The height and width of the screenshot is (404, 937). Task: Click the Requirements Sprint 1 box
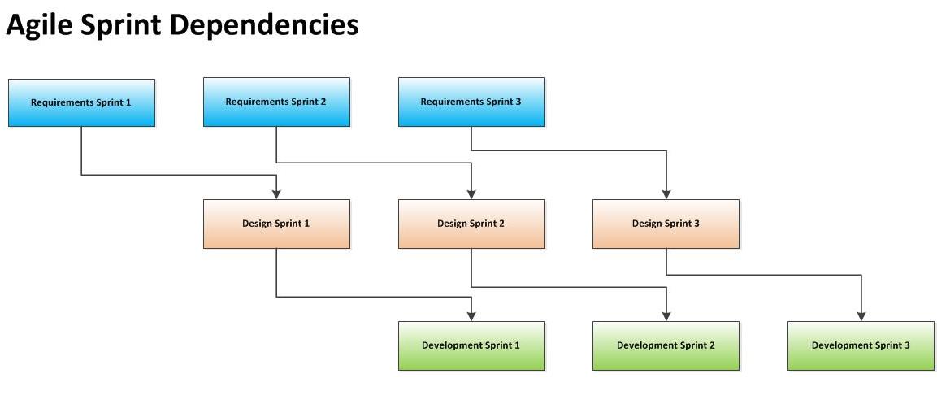(x=81, y=102)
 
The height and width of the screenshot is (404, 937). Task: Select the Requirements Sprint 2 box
(x=276, y=102)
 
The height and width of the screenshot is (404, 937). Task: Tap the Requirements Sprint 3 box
(x=471, y=102)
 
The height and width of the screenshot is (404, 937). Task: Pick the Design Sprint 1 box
(x=276, y=224)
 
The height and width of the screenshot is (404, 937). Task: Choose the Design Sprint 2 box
(x=471, y=224)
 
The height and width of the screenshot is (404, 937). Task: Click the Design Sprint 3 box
(x=666, y=224)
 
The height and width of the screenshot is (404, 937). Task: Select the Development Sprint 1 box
(x=471, y=345)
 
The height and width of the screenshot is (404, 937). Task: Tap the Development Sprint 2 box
(x=666, y=345)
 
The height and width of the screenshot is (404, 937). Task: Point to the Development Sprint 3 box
(x=861, y=345)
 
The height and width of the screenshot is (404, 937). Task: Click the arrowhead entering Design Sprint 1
(x=276, y=194)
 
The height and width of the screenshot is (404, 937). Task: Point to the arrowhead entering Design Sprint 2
(x=471, y=194)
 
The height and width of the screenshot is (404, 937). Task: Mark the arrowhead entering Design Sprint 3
(x=666, y=194)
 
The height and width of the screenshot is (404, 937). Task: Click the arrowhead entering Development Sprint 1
(x=471, y=316)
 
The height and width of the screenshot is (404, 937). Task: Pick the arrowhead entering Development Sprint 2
(x=666, y=316)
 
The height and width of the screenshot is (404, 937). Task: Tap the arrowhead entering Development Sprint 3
(x=861, y=316)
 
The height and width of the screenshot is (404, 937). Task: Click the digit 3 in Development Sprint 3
(x=907, y=345)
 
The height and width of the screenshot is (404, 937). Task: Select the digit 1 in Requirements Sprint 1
(x=128, y=102)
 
